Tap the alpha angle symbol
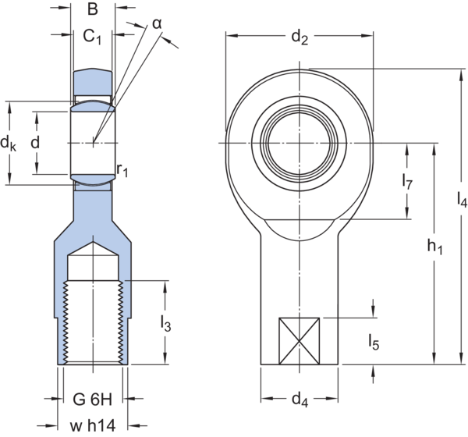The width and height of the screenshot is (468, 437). pos(158,24)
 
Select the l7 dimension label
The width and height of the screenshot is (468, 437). pos(406,182)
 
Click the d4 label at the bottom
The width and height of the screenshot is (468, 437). pos(300,402)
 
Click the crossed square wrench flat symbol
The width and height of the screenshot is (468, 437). pos(299,340)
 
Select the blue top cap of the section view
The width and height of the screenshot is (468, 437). pos(92,80)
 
